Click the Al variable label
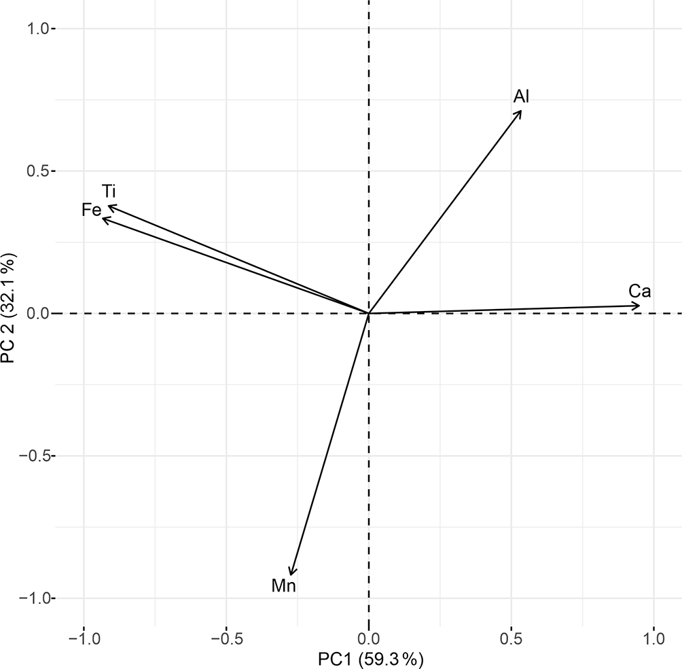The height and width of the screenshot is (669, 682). pyautogui.click(x=521, y=96)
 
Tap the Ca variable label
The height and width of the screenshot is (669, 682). pyautogui.click(x=640, y=291)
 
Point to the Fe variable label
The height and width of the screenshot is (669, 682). pyautogui.click(x=91, y=210)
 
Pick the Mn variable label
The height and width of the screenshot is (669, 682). pyautogui.click(x=284, y=585)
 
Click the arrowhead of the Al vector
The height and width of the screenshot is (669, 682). pyautogui.click(x=521, y=111)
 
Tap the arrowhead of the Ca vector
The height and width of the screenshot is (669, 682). pyautogui.click(x=639, y=306)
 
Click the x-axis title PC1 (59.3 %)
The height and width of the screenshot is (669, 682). pyautogui.click(x=371, y=658)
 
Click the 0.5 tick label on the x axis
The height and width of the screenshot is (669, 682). pyautogui.click(x=511, y=640)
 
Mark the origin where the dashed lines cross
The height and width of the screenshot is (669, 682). pyautogui.click(x=369, y=314)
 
